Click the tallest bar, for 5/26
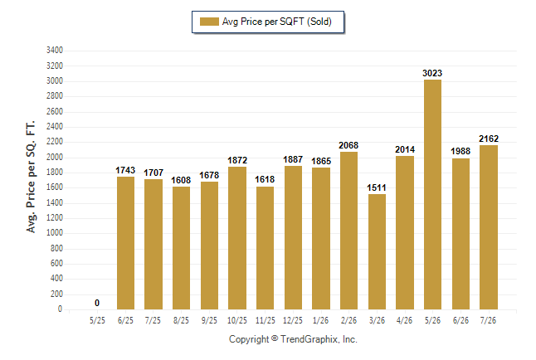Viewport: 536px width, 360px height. pyautogui.click(x=432, y=195)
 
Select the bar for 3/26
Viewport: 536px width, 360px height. pyautogui.click(x=377, y=252)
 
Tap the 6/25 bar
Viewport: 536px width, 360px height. pyautogui.click(x=125, y=243)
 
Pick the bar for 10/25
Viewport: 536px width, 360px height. pyautogui.click(x=237, y=238)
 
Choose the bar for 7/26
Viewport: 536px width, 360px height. pyautogui.click(x=489, y=227)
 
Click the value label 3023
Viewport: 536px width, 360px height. pyautogui.click(x=432, y=73)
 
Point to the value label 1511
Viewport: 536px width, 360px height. pyautogui.click(x=377, y=187)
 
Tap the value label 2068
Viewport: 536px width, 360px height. pyautogui.click(x=348, y=145)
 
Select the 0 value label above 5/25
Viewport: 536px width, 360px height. pyautogui.click(x=97, y=303)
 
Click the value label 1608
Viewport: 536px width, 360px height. pyautogui.click(x=181, y=180)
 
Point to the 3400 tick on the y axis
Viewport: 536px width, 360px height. pyautogui.click(x=55, y=51)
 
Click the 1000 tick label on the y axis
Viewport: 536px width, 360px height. pyautogui.click(x=55, y=232)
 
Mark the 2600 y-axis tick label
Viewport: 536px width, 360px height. pyautogui.click(x=55, y=111)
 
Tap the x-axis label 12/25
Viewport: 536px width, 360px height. pyautogui.click(x=293, y=320)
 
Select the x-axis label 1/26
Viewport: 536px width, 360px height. pyautogui.click(x=320, y=320)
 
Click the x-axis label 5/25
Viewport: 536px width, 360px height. pyautogui.click(x=97, y=320)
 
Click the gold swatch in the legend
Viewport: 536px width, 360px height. pyautogui.click(x=209, y=22)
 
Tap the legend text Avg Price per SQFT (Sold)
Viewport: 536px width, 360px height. pyautogui.click(x=277, y=22)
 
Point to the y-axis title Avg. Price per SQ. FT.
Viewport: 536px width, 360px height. pyautogui.click(x=31, y=177)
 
